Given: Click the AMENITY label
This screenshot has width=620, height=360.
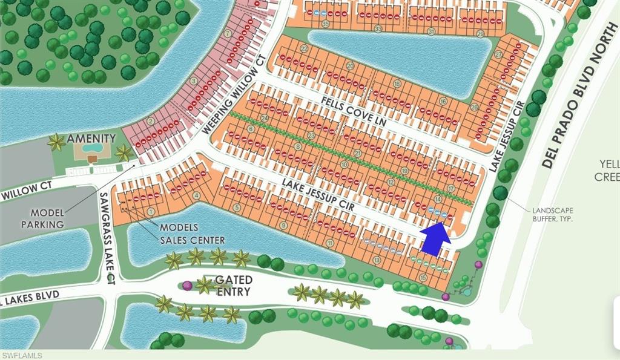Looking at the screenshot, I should click(x=91, y=138).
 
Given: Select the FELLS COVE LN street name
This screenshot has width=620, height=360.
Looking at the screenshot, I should click(x=354, y=111).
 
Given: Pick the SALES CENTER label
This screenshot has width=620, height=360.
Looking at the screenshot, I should click(x=192, y=240).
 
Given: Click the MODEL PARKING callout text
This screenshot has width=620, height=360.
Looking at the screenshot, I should click(x=47, y=218).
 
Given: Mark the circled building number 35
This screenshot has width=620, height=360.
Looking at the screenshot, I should click(x=326, y=24).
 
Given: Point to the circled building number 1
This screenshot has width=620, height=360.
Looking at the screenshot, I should click(x=150, y=212).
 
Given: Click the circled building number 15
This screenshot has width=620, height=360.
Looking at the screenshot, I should click(x=423, y=278).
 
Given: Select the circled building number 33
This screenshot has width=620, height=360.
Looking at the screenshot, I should click(x=378, y=28).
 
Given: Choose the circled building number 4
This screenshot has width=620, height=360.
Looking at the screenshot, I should click(x=196, y=195).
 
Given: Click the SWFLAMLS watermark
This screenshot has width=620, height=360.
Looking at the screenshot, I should click(x=21, y=355).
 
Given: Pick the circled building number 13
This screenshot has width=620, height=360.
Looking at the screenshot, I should click(x=377, y=260).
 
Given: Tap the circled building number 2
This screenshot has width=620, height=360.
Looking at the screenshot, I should click(x=151, y=121).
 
